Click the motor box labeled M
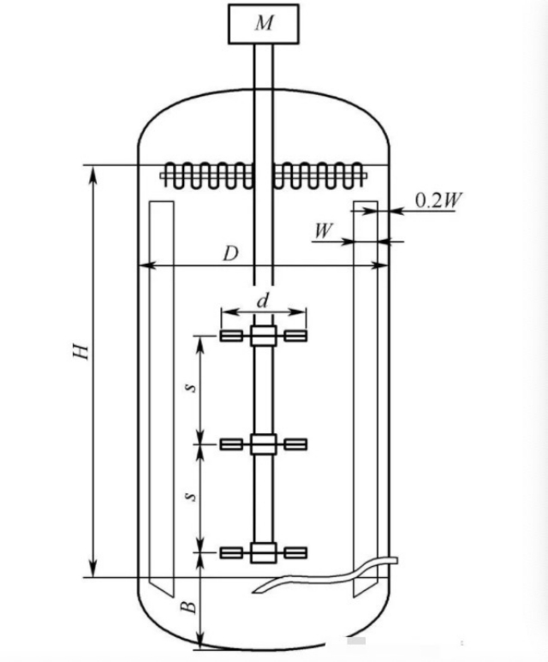(x=264, y=24)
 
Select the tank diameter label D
(x=230, y=254)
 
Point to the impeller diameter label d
(x=263, y=301)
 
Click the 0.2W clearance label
(x=438, y=200)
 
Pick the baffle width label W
(x=324, y=231)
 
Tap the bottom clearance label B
(x=188, y=606)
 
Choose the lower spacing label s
(x=192, y=497)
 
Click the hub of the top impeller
(x=264, y=336)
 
